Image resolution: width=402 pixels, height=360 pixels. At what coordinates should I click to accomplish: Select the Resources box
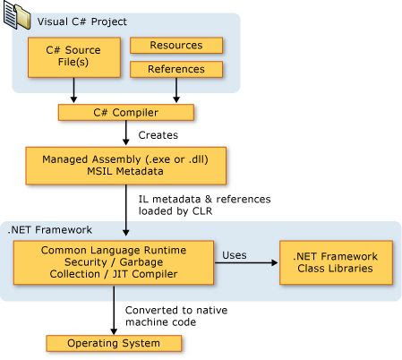click(x=175, y=45)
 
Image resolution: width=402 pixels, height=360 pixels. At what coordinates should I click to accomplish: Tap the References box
click(x=175, y=69)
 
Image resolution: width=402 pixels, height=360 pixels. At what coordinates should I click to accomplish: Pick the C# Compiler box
click(x=126, y=113)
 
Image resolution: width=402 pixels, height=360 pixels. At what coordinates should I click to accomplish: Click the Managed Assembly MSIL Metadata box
click(x=126, y=164)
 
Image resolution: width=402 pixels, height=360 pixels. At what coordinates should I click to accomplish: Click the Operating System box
click(x=114, y=343)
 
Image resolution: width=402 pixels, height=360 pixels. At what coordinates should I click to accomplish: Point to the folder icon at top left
click(x=18, y=15)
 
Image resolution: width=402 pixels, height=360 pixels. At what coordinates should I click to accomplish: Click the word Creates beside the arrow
click(x=157, y=135)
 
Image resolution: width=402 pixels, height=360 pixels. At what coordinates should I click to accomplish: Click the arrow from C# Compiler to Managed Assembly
click(x=126, y=135)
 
